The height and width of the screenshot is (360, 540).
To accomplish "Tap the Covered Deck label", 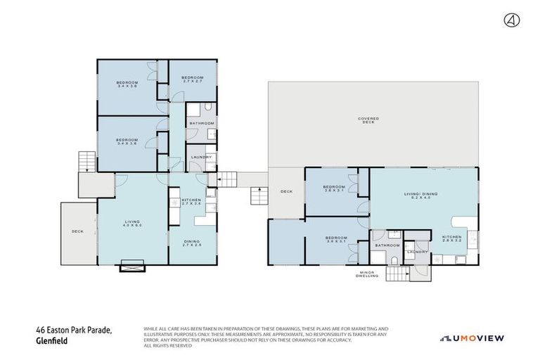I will pyautogui.click(x=368, y=120).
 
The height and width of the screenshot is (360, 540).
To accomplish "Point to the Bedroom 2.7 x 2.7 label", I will pyautogui.click(x=192, y=79).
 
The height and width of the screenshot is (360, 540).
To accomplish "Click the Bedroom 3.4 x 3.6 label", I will pyautogui.click(x=127, y=141).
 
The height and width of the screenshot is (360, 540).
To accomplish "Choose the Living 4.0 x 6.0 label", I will pyautogui.click(x=133, y=224).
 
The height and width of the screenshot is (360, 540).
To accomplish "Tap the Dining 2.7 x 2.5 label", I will pyautogui.click(x=192, y=243).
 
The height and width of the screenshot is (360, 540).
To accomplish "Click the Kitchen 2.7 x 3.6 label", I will pyautogui.click(x=192, y=201).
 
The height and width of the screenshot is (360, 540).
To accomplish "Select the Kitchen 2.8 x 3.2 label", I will pyautogui.click(x=452, y=238).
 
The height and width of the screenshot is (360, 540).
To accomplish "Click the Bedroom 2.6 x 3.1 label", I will pyautogui.click(x=334, y=189).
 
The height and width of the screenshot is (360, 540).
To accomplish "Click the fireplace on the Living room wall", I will pyautogui.click(x=133, y=265).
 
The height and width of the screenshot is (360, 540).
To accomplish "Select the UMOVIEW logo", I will pyautogui.click(x=472, y=338).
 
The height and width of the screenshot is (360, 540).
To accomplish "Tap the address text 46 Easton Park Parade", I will pyautogui.click(x=73, y=329).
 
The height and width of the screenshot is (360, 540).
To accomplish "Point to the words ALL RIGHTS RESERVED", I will pyautogui.click(x=167, y=345).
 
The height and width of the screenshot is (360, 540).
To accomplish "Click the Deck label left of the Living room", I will pyautogui.click(x=77, y=231).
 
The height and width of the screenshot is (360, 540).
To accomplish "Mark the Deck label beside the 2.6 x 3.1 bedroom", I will pyautogui.click(x=286, y=191).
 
